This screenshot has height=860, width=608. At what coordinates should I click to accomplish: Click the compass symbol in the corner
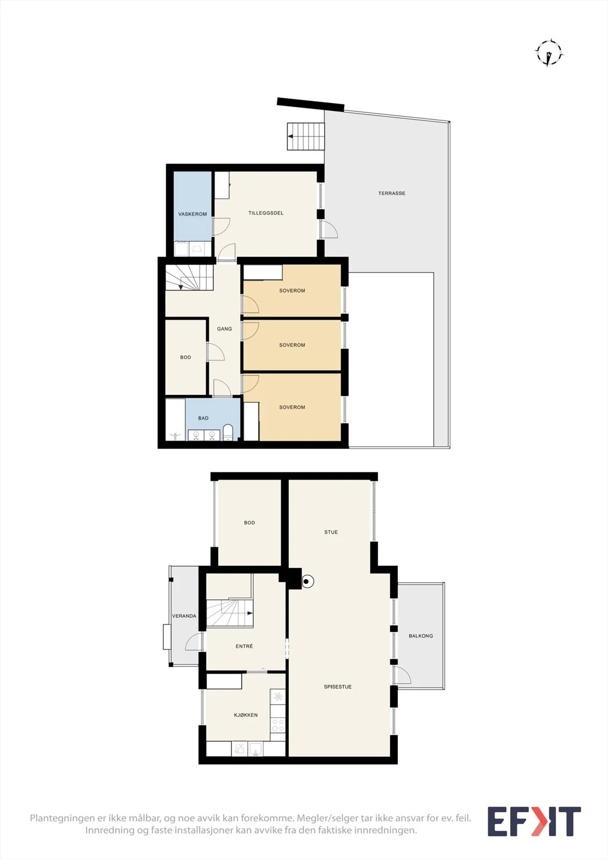tap(549, 53)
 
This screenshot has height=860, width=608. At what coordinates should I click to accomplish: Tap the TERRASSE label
tap(391, 193)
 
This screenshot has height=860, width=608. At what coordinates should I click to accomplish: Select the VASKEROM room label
tap(192, 214)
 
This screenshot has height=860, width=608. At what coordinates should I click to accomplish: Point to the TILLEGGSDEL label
tap(266, 213)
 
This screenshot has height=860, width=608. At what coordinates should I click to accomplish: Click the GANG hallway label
tap(224, 328)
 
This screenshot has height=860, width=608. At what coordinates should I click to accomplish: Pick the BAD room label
tap(203, 418)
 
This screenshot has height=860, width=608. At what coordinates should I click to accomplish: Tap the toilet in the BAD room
tap(228, 432)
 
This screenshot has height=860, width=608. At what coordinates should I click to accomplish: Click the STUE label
tap(331, 532)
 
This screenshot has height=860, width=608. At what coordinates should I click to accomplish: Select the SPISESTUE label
tap(338, 686)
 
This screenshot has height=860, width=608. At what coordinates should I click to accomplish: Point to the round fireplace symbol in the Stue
tap(307, 581)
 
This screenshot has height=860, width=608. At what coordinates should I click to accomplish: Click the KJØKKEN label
tap(246, 715)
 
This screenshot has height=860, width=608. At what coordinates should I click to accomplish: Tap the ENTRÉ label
tap(244, 646)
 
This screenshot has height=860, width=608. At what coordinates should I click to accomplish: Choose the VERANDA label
tap(184, 616)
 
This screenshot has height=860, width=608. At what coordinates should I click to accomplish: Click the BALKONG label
tap(420, 636)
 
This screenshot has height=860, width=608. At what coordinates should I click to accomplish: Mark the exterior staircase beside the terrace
tap(306, 136)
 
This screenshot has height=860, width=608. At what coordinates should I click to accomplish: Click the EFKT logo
tap(534, 821)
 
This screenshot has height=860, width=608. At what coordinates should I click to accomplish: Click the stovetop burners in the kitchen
tap(278, 725)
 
